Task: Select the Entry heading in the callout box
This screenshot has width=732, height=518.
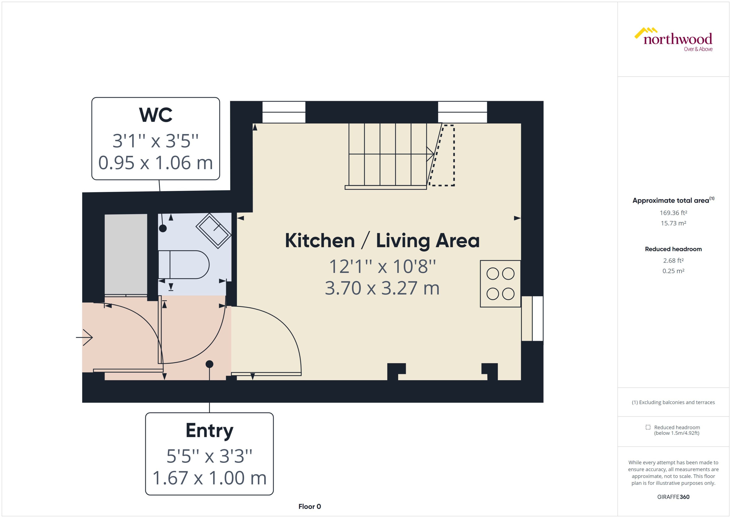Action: (209, 430)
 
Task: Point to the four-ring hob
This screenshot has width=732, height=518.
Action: (500, 284)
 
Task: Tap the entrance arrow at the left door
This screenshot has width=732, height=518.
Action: (84, 337)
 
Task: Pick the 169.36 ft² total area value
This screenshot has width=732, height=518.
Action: (673, 213)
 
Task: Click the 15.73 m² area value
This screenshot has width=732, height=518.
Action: (673, 223)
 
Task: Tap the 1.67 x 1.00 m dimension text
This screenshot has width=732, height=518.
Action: (209, 478)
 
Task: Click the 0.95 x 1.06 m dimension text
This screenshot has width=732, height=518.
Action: (156, 163)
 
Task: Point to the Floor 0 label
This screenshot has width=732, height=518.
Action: (309, 506)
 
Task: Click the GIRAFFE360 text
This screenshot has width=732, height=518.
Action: (673, 497)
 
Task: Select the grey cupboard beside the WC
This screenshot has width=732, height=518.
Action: (126, 255)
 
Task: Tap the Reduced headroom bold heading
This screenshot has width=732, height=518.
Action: (673, 249)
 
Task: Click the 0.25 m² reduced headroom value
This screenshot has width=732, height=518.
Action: (673, 271)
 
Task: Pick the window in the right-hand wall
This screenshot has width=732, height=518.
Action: (532, 318)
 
